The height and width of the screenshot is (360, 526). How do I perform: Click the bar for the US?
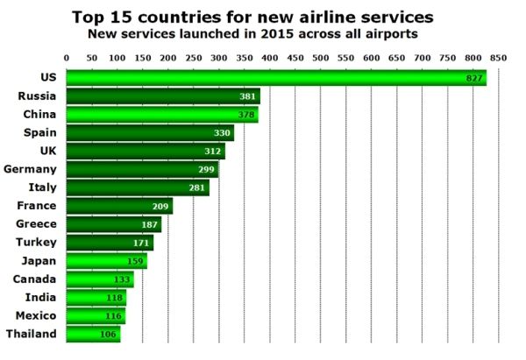(276, 78)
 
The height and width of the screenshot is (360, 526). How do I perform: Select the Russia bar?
(164, 96)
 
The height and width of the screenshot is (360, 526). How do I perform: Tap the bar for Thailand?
(94, 334)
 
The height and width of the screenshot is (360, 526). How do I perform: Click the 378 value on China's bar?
(247, 115)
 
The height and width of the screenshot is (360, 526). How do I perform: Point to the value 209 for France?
(161, 206)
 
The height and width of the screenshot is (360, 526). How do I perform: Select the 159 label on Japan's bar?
(136, 261)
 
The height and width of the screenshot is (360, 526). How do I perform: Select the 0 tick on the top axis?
(68, 57)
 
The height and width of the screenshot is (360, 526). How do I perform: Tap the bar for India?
(97, 297)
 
